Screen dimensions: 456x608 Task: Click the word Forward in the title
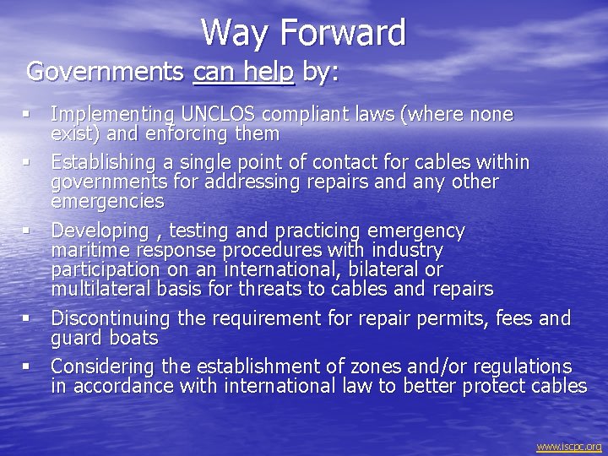343,34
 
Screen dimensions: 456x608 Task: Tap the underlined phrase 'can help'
243,72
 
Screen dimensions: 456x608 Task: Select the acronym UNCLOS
220,114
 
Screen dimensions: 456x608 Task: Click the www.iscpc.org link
569,447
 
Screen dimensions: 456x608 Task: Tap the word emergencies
107,201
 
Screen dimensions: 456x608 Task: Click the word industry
405,251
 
